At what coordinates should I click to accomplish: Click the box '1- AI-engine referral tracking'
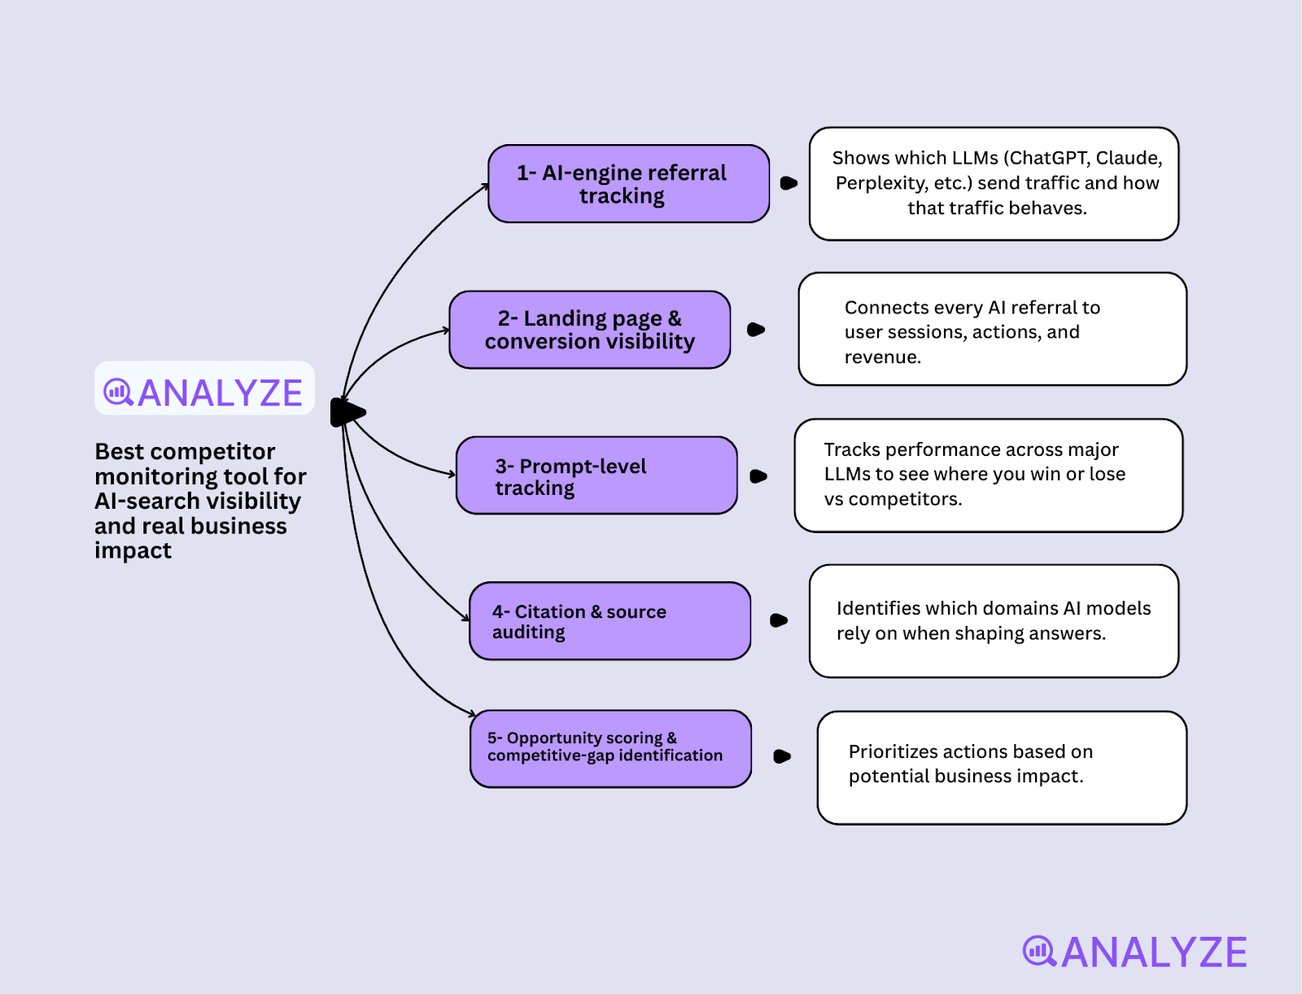click(x=628, y=184)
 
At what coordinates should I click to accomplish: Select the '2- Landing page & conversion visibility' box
click(x=590, y=330)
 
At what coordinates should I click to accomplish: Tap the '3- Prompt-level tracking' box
click(x=596, y=475)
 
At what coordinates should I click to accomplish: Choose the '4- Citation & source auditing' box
click(x=609, y=621)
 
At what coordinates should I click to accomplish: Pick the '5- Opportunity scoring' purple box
click(x=610, y=749)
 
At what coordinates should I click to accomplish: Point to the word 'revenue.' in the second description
click(x=882, y=357)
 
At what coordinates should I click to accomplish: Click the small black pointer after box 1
click(x=789, y=183)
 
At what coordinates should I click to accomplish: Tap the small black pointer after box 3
click(x=758, y=476)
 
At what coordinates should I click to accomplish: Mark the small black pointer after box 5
click(x=782, y=756)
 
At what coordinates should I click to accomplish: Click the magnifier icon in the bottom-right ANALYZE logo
click(x=1039, y=951)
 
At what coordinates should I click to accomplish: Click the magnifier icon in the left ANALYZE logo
click(x=118, y=392)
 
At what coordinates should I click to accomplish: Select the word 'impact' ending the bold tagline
click(x=133, y=551)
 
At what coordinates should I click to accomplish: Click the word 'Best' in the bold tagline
click(x=119, y=452)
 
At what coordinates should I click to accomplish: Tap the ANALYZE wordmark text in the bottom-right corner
click(x=1154, y=952)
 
